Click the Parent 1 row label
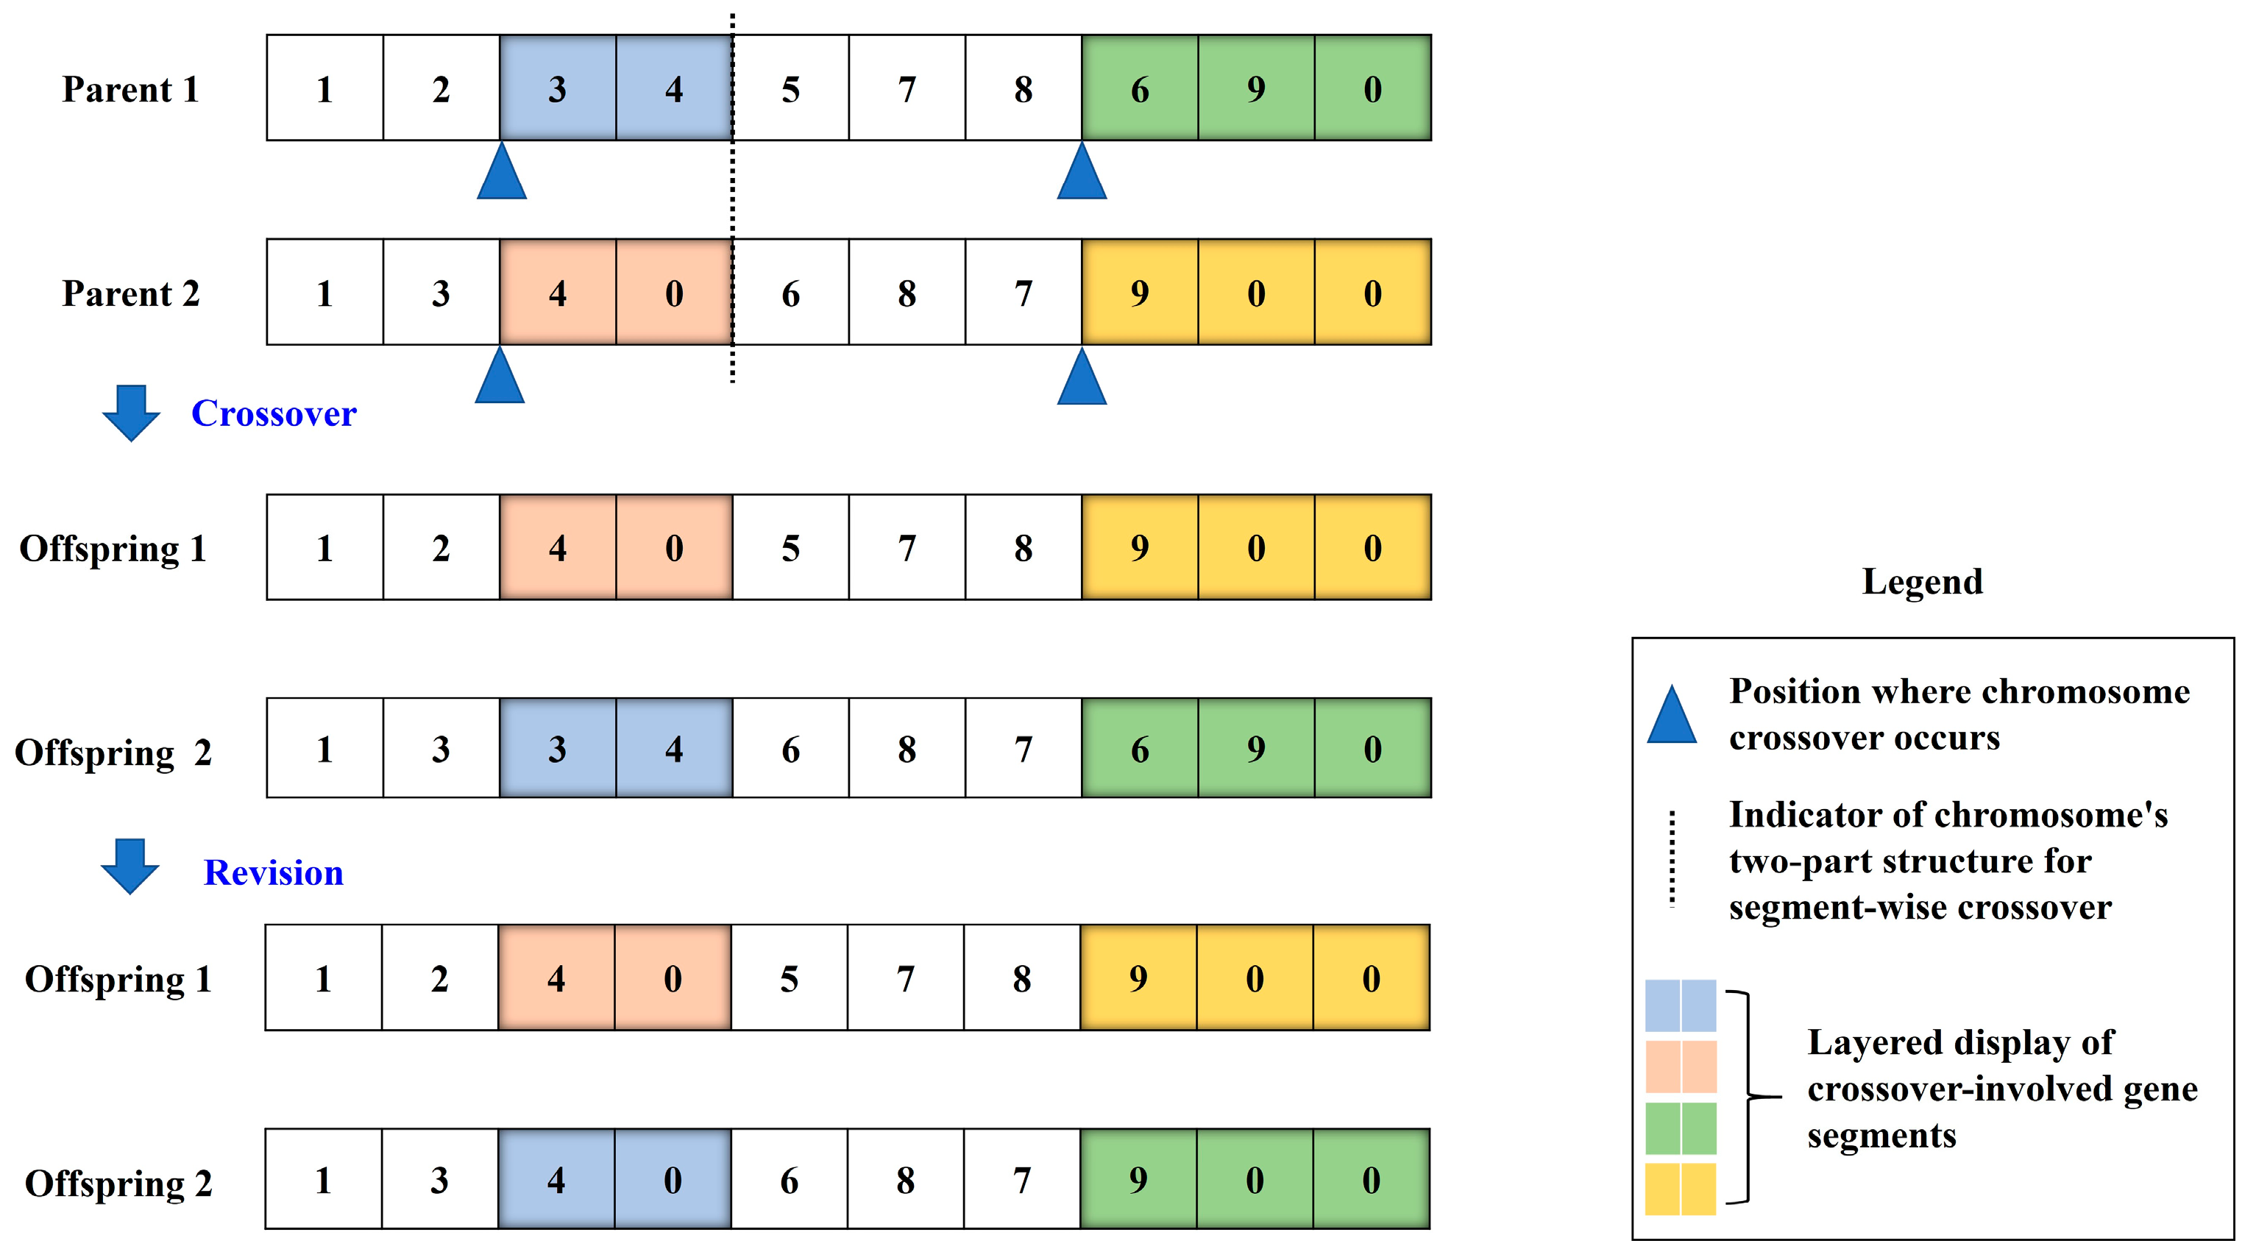[x=130, y=89]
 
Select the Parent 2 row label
[x=130, y=293]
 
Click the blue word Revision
[x=273, y=873]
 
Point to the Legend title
[x=1923, y=581]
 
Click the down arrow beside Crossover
[x=132, y=413]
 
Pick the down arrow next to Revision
[x=130, y=866]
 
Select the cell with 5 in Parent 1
[x=790, y=88]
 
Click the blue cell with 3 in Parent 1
[x=558, y=88]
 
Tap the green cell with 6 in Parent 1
[x=1139, y=88]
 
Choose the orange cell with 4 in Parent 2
[x=558, y=293]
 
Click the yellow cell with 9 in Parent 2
[x=1139, y=293]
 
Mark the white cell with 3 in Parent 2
[x=441, y=293]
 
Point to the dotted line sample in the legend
[x=1672, y=858]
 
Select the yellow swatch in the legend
[x=1680, y=1188]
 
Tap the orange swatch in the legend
[x=1680, y=1067]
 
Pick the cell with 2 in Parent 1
[x=441, y=88]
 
